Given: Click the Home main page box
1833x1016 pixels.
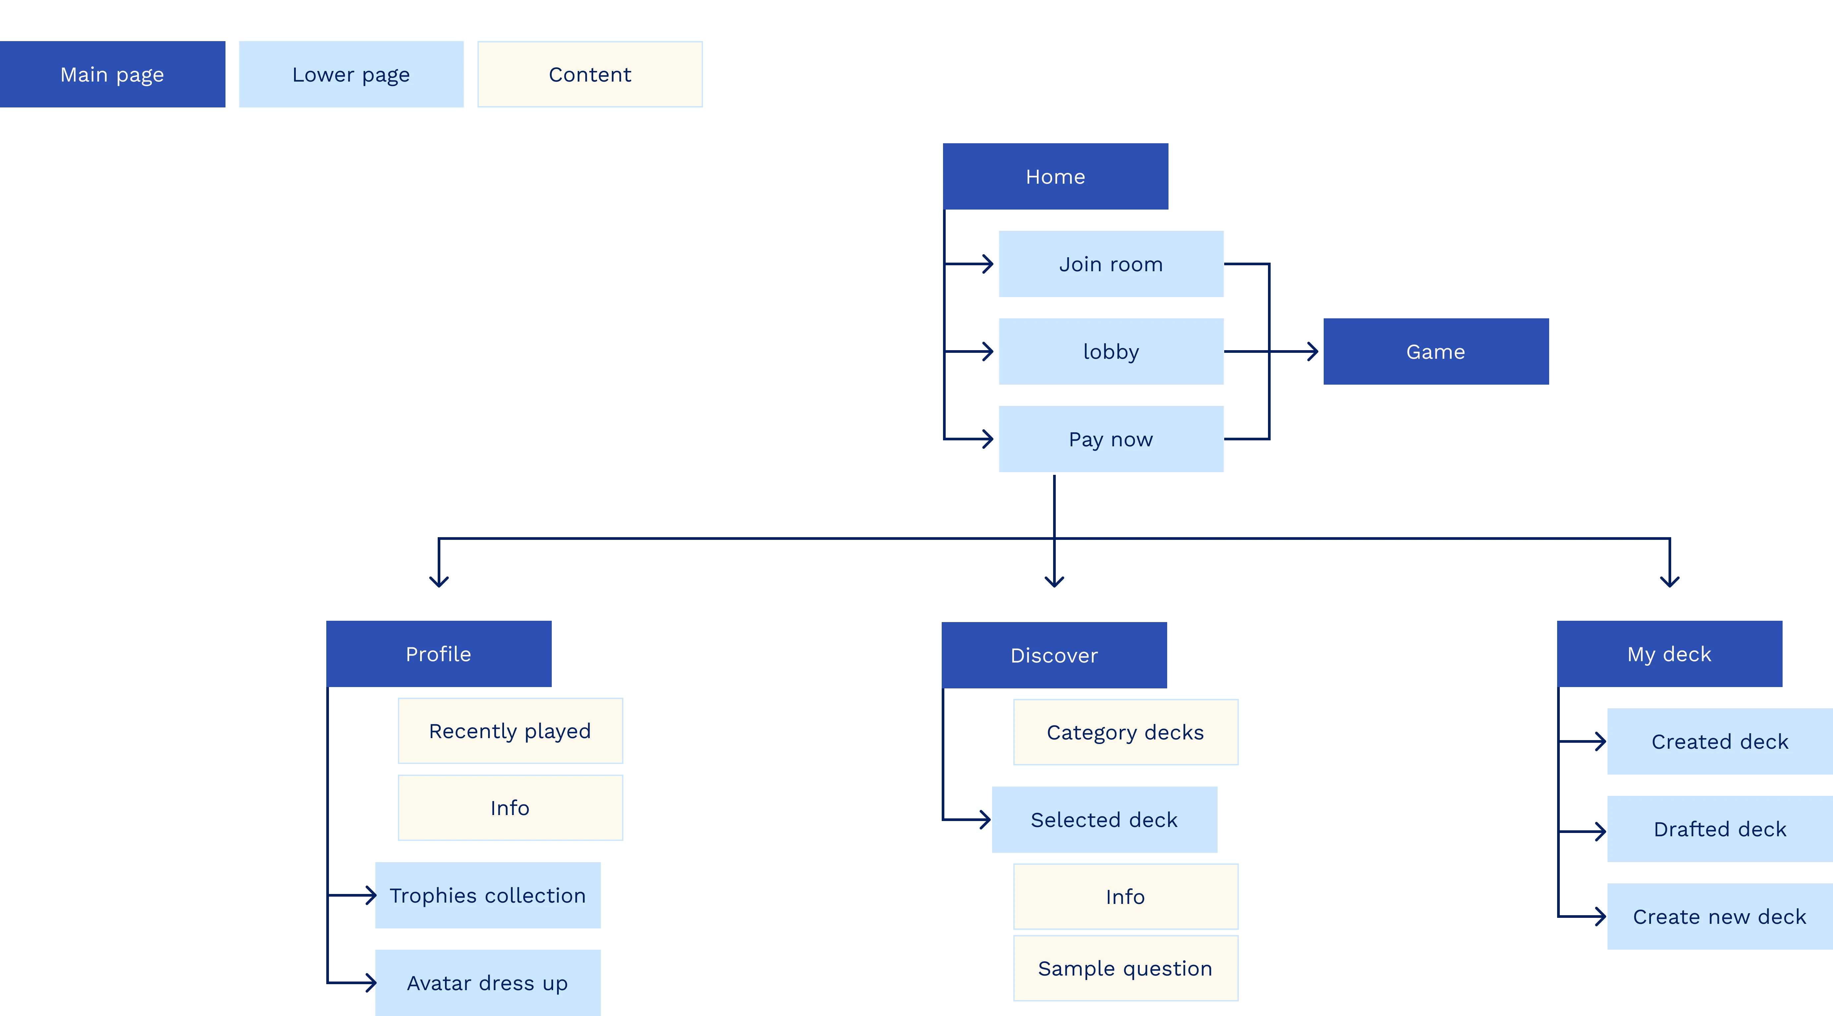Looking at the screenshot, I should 1055,176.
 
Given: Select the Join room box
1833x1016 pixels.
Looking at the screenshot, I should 1111,264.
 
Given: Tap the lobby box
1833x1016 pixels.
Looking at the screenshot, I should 1111,351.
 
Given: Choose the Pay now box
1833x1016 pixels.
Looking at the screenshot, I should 1111,439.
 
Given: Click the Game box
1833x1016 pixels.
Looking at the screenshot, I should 1435,351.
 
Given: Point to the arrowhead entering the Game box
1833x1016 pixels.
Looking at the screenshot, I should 1311,351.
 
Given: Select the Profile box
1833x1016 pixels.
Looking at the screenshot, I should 438,654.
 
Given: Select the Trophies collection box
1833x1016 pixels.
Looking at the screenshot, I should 487,895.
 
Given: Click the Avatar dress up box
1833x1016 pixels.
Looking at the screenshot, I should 487,983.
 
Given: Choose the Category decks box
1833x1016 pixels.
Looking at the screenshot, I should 1125,732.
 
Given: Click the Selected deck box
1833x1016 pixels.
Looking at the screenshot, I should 1104,820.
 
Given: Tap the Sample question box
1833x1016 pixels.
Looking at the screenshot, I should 1125,968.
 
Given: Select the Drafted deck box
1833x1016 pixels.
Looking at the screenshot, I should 1719,829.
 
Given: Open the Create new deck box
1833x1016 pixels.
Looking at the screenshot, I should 1719,917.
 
